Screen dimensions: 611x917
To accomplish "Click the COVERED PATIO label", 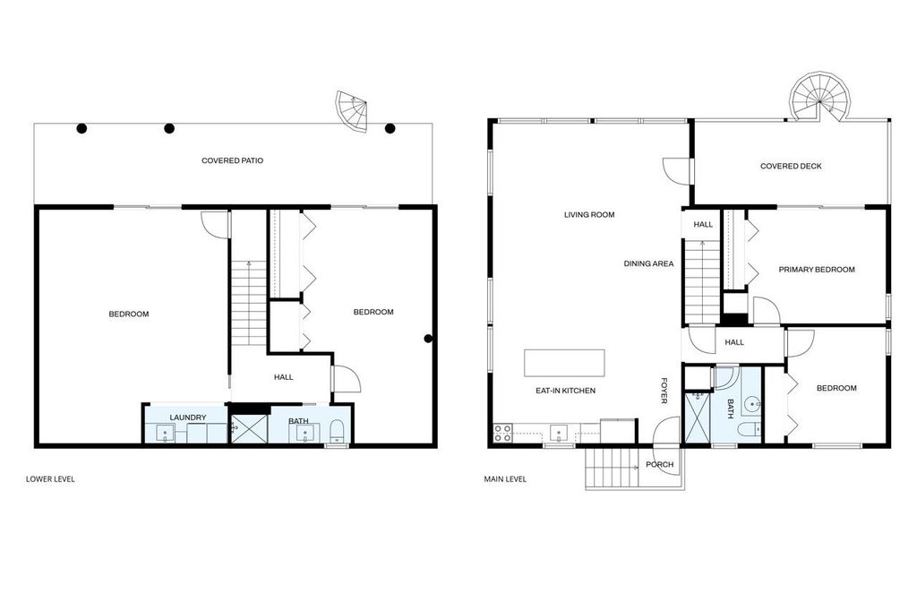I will coord(232,161).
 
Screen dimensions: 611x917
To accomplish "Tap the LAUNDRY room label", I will coord(188,417).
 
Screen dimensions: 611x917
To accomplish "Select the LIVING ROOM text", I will coord(589,215).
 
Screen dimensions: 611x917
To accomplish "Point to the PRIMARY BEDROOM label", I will coord(816,270).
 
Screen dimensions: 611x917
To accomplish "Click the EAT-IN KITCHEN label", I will coord(565,391).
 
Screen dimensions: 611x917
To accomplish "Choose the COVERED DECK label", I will coord(790,167).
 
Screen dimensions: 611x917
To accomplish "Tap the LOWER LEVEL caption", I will coord(50,479).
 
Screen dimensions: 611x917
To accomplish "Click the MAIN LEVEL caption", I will coord(505,479).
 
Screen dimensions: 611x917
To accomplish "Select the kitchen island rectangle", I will coord(564,363).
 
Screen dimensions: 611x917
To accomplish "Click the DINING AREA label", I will coord(648,264).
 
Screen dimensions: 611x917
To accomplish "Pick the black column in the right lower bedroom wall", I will coord(429,339).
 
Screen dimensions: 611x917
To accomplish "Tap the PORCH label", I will coord(659,465).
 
